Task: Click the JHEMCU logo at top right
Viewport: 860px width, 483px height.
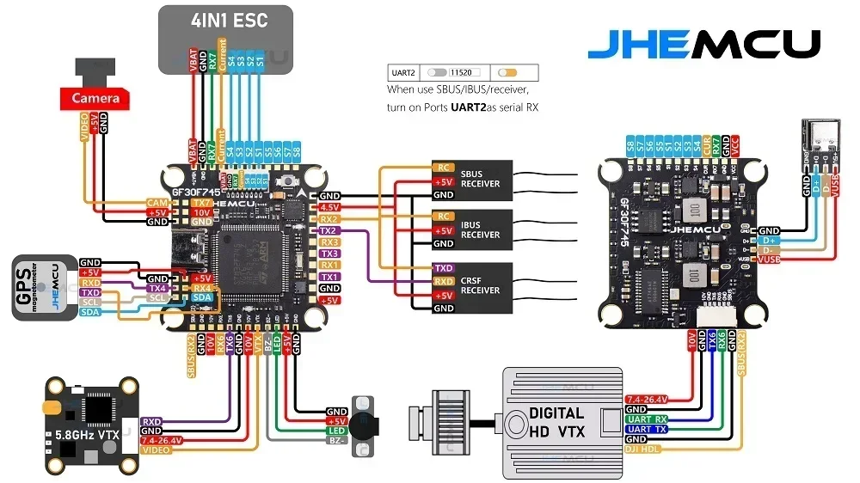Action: pyautogui.click(x=703, y=44)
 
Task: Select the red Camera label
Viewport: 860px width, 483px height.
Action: pyautogui.click(x=95, y=99)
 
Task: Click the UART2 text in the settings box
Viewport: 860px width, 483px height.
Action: pyautogui.click(x=404, y=73)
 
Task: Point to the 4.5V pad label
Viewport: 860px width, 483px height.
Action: pyautogui.click(x=329, y=207)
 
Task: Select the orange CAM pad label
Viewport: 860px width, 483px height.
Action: pyautogui.click(x=157, y=202)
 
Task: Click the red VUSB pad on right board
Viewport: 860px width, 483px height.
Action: pyautogui.click(x=769, y=259)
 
